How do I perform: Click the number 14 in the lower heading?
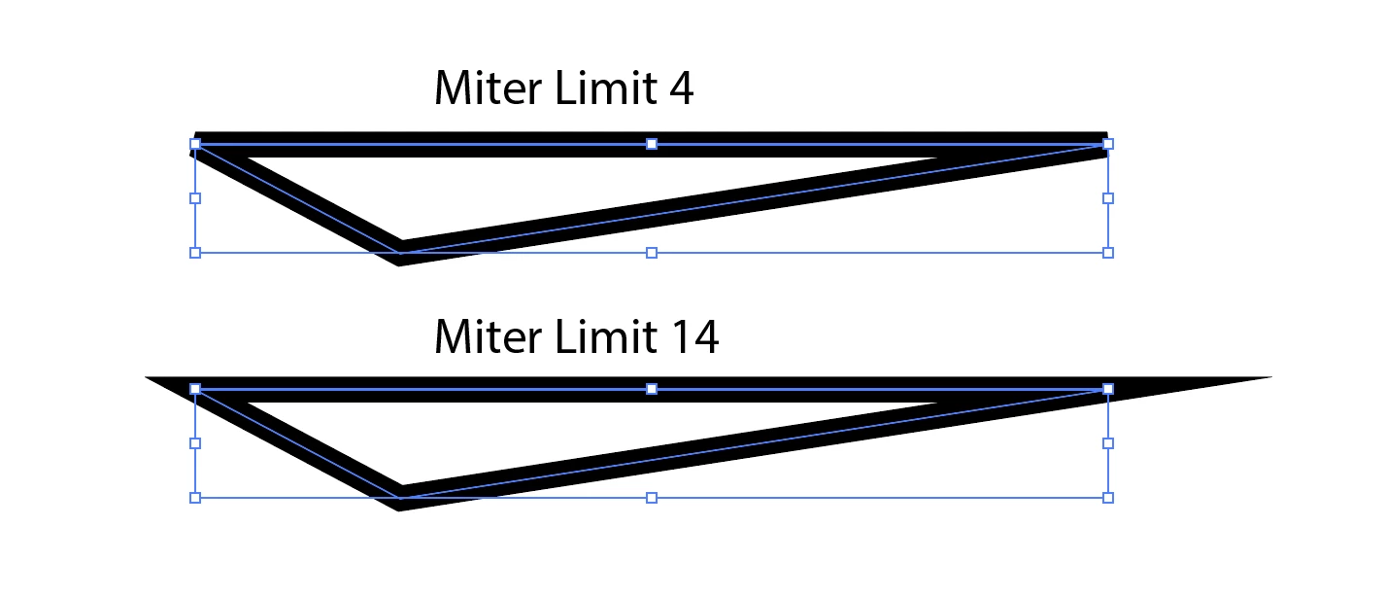coord(693,336)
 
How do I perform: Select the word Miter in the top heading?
coord(489,89)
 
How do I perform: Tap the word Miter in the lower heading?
coord(489,336)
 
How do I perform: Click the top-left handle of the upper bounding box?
coord(195,144)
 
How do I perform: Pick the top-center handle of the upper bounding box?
coord(652,144)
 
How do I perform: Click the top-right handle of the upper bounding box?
coord(1108,144)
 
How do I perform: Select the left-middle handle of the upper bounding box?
coord(195,198)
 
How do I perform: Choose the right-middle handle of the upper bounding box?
coord(1108,198)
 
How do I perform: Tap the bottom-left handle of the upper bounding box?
coord(195,253)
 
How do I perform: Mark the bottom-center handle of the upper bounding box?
coord(652,253)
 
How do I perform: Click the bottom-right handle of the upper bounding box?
coord(1108,253)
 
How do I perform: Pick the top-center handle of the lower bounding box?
coord(652,389)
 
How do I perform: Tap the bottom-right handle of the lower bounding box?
coord(1108,498)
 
